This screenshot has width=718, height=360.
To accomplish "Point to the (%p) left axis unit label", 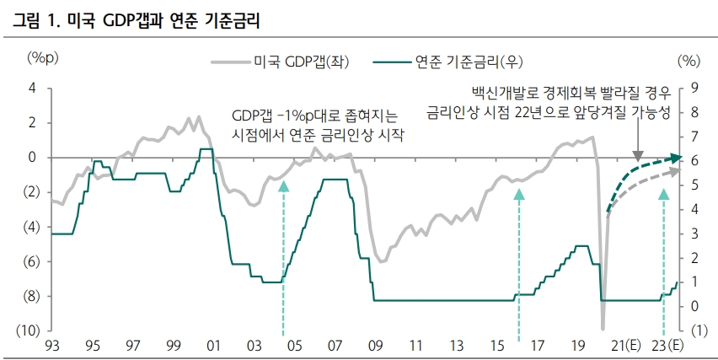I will click(x=41, y=58).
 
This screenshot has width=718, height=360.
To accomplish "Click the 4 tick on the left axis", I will click(x=32, y=89).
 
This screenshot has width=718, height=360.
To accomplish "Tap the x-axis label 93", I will click(x=52, y=346).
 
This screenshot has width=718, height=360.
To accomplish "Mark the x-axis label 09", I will click(x=375, y=346).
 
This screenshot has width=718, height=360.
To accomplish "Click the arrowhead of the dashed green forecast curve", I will click(x=678, y=158).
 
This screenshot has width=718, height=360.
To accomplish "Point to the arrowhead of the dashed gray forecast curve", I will click(x=678, y=170).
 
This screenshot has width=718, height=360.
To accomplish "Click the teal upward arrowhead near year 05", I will click(x=283, y=186).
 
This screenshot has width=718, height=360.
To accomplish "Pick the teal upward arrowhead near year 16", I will click(x=519, y=195).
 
